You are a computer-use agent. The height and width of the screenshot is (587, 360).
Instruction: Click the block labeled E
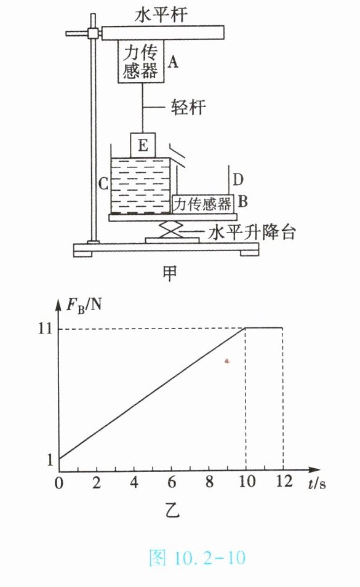point(143,145)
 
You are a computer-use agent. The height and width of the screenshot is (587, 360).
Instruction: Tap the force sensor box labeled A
point(141,62)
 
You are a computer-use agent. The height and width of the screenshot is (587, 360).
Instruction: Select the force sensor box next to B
point(203,204)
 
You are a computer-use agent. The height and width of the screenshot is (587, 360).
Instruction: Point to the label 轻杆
point(188,107)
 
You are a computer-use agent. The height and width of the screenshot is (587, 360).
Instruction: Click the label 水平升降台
point(252,232)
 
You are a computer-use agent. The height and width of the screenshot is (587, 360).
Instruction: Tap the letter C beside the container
point(103,184)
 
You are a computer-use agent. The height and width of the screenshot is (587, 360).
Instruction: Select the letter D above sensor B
point(238,180)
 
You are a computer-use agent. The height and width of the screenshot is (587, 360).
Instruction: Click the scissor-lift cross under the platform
point(172,229)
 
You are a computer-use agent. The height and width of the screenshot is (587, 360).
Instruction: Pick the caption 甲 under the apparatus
point(170,273)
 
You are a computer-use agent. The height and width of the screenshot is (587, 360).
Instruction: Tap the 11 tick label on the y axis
point(45,329)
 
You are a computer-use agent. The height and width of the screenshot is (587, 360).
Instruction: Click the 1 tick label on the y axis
point(49,460)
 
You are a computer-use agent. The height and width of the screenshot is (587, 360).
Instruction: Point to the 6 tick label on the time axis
point(172,482)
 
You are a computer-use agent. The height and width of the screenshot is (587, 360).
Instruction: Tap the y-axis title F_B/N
point(84,306)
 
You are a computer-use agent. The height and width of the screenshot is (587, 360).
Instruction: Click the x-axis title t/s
point(316,484)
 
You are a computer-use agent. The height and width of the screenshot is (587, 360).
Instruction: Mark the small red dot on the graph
point(227,361)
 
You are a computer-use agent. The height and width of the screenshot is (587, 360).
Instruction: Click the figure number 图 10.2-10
point(198,558)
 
